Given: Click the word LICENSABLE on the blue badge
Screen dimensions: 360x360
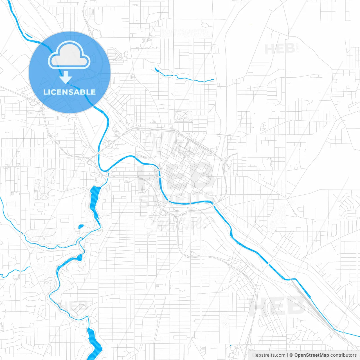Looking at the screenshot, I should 69,92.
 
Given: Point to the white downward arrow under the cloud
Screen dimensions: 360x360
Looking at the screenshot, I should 66,77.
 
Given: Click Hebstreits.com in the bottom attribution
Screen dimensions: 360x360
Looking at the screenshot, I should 269,355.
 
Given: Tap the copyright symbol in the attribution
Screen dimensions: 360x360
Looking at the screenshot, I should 291,355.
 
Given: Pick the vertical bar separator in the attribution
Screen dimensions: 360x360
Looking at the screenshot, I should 287,355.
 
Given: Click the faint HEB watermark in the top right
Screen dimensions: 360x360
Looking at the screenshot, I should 280,49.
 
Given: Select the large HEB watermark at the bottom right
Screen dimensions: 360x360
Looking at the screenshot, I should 277,306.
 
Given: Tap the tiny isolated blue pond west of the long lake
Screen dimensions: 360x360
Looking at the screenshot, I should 81,226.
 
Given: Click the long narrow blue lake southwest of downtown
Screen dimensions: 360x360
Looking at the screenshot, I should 95,201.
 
